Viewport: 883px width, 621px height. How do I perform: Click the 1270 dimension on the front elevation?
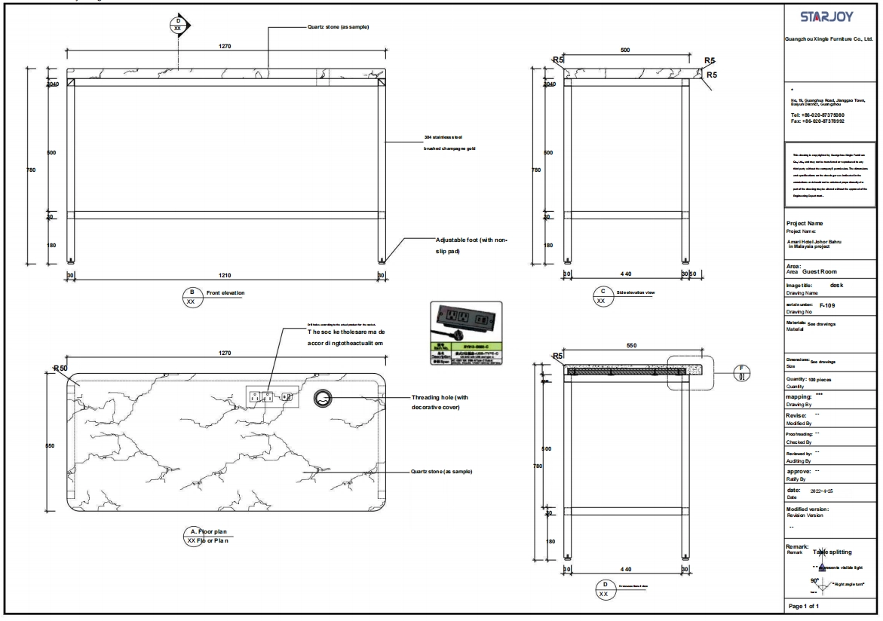(x=225, y=47)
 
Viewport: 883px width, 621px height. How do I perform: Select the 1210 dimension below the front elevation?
(x=225, y=276)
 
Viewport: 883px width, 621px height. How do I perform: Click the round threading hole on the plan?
(x=323, y=398)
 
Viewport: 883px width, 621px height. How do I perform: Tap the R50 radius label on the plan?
(x=61, y=369)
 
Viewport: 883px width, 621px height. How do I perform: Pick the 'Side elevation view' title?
(x=636, y=292)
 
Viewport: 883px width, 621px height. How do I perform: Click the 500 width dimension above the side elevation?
(x=625, y=50)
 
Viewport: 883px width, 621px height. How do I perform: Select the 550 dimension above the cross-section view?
(x=632, y=345)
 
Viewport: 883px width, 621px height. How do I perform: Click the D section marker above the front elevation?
(x=179, y=24)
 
